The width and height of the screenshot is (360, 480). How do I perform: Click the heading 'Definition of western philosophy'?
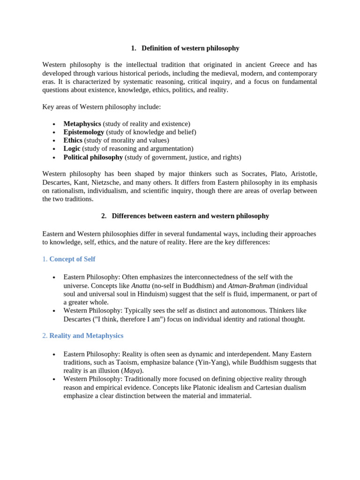pyautogui.click(x=190, y=48)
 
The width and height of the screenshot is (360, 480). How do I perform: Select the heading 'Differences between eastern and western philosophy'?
pyautogui.click(x=190, y=216)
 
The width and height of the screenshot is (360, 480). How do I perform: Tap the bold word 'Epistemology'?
pyautogui.click(x=83, y=132)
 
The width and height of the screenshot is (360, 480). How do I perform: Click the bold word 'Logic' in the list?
pyautogui.click(x=72, y=149)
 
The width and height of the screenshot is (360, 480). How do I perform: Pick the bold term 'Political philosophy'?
pyautogui.click(x=93, y=157)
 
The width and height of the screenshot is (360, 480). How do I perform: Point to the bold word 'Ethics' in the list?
pyautogui.click(x=73, y=140)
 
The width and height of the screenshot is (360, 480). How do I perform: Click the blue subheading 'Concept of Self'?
pyautogui.click(x=72, y=259)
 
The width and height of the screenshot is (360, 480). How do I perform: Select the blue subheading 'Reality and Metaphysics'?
pyautogui.click(x=86, y=336)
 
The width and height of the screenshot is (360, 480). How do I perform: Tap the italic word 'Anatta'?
pyautogui.click(x=141, y=285)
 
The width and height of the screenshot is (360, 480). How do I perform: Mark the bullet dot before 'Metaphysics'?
pyautogui.click(x=54, y=124)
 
